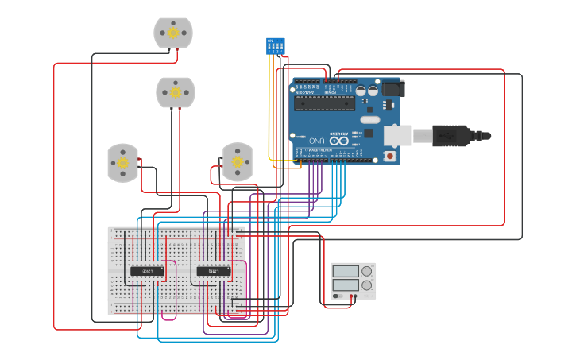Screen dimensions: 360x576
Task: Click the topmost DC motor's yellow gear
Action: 173,33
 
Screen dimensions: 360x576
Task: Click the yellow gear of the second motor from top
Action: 176,92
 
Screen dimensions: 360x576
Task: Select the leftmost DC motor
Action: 122,162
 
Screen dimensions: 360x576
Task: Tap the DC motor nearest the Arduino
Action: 237,161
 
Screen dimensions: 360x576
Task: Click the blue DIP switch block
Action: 275,45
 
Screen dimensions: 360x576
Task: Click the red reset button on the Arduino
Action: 389,157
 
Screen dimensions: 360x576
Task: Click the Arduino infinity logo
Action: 339,141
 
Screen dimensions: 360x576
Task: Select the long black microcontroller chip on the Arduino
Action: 325,103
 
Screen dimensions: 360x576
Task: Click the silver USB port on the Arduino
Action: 397,136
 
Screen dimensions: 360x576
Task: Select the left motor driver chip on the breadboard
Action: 147,271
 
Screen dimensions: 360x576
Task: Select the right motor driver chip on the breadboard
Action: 214,271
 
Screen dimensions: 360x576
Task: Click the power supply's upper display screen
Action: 346,271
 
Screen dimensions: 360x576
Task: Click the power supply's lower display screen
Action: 346,284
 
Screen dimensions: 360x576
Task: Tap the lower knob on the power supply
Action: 366,285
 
